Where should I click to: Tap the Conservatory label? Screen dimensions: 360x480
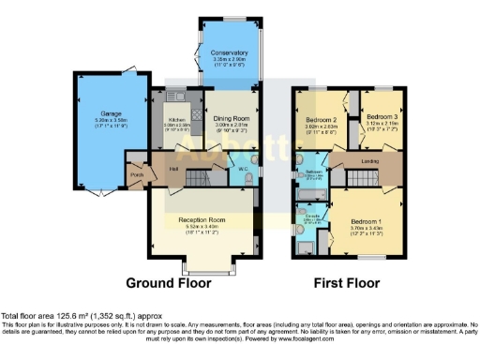pos(229,53)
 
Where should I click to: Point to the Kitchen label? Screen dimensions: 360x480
pos(178,120)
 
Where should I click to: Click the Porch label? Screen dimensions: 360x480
pos(137,174)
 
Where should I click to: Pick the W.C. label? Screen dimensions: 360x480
pos(243,170)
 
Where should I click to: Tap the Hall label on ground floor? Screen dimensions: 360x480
pos(173,169)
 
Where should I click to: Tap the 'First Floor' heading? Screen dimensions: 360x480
pos(347,281)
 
